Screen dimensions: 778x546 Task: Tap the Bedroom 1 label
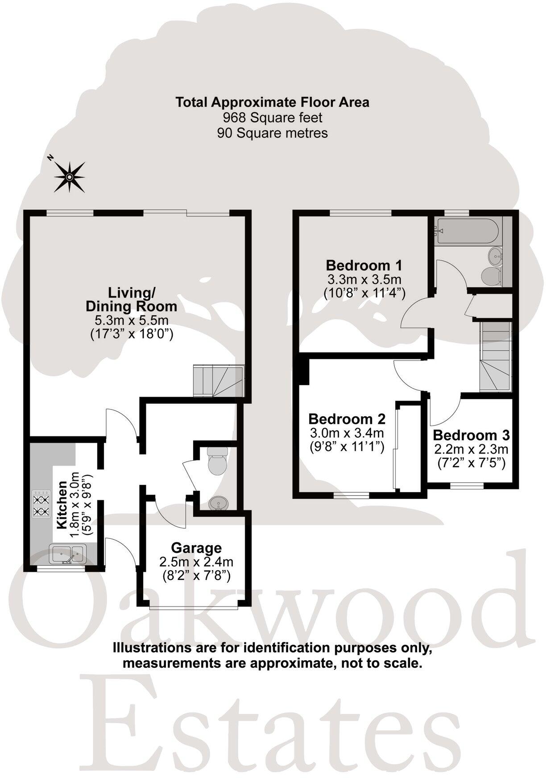(364, 265)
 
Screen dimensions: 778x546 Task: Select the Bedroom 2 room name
(347, 419)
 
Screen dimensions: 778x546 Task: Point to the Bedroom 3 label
(471, 435)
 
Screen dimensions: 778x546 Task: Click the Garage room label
(196, 548)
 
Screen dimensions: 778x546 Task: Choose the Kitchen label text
(62, 505)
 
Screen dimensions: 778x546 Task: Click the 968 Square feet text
(272, 118)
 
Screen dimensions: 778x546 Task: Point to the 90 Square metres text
(272, 133)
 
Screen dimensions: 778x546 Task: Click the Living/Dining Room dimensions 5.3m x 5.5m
(131, 320)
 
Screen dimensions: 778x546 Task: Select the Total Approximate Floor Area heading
(272, 102)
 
